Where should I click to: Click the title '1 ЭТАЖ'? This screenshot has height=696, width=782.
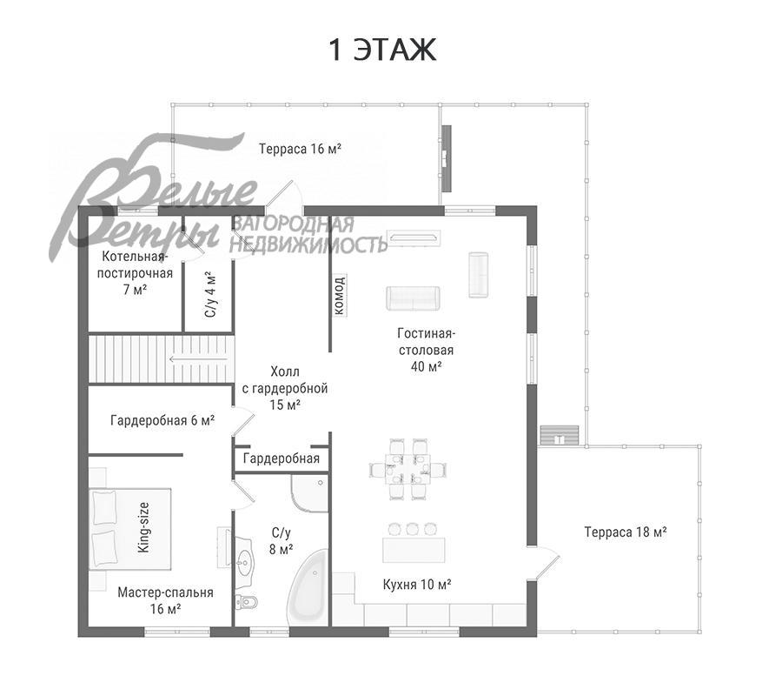[382, 50]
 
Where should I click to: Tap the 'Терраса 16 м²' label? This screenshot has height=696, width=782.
[301, 149]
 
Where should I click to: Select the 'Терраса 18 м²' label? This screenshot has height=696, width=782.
[626, 532]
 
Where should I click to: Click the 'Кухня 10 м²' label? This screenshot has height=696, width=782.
[417, 584]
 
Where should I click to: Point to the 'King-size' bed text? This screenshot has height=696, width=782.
[143, 527]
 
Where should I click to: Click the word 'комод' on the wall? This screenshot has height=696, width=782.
[339, 295]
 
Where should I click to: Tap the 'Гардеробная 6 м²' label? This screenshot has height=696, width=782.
[162, 420]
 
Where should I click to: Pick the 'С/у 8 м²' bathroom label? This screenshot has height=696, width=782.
[281, 541]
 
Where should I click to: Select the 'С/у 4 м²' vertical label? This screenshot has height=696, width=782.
[211, 295]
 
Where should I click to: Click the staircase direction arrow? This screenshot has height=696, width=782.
[198, 358]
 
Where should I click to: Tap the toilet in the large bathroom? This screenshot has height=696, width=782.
[247, 602]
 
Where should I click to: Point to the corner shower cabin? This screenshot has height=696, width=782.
[310, 493]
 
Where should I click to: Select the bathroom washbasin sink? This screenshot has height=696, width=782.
[244, 560]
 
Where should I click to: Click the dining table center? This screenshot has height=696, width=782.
[408, 469]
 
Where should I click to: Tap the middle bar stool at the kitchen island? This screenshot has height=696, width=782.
[412, 529]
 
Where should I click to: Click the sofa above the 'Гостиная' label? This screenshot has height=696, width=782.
[413, 298]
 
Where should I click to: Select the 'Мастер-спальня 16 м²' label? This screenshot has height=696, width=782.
[166, 600]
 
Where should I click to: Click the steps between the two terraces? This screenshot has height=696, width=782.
[560, 435]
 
